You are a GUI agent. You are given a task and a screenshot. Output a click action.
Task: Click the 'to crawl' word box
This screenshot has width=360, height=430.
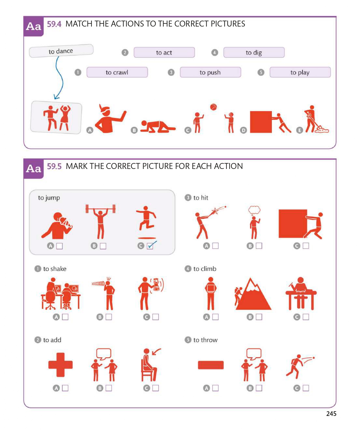pyautogui.click(x=117, y=72)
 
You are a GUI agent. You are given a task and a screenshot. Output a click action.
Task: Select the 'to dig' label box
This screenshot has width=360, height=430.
pyautogui.click(x=254, y=52)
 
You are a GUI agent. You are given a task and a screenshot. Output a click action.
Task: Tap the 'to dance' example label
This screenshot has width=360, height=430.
pyautogui.click(x=61, y=51)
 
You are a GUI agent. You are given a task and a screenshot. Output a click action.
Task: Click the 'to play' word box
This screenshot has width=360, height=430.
pyautogui.click(x=300, y=72)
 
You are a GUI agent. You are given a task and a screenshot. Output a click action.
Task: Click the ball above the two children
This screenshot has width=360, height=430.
pyautogui.click(x=213, y=107)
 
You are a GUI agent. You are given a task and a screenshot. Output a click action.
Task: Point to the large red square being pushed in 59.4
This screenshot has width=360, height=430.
pyautogui.click(x=261, y=122)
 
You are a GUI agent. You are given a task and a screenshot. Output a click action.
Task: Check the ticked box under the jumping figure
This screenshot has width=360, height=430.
pyautogui.click(x=150, y=246)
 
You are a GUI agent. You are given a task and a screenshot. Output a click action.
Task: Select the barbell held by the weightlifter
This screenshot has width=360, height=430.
pyautogui.click(x=101, y=209)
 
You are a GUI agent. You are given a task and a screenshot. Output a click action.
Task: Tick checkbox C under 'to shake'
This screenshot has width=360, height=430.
pyautogui.click(x=156, y=317)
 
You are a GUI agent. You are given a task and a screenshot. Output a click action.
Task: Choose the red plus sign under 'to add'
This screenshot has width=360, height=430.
pyautogui.click(x=60, y=365)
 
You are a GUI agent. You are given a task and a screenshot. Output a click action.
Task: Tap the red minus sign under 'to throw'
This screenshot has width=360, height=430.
pyautogui.click(x=211, y=365)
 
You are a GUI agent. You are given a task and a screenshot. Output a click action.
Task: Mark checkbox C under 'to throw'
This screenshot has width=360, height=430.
pyautogui.click(x=306, y=388)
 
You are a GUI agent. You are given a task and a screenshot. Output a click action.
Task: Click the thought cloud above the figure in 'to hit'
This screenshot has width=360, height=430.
pyautogui.click(x=254, y=210)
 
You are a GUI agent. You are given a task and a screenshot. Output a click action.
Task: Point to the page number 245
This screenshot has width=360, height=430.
pyautogui.click(x=331, y=414)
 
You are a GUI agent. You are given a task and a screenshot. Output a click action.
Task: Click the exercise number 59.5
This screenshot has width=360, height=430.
pyautogui.click(x=54, y=166)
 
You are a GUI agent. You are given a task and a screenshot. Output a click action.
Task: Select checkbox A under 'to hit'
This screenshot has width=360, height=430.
pyautogui.click(x=215, y=246)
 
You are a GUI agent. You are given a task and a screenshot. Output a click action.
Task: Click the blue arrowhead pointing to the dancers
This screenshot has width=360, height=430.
pyautogui.click(x=56, y=97)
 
